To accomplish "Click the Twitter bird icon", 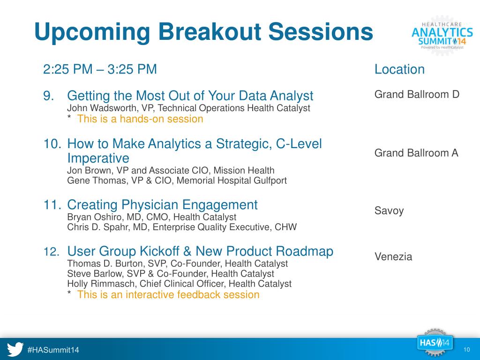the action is (15, 349).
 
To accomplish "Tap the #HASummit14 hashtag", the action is (53, 350).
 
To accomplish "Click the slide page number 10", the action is (466, 350).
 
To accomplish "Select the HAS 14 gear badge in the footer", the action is (435, 343).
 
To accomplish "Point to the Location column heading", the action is (399, 69).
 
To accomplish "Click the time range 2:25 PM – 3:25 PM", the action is (100, 69).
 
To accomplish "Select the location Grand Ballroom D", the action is (417, 94).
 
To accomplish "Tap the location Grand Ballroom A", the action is (416, 153).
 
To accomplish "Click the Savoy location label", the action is (389, 211).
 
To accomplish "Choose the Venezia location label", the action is (393, 256).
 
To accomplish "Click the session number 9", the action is (49, 96).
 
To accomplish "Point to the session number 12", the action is (52, 252).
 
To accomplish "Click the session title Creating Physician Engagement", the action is (162, 205).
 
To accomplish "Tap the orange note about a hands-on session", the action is (140, 119).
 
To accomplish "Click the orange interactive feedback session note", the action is (168, 294).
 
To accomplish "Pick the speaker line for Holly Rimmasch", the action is (180, 284).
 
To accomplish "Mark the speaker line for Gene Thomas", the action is (177, 180).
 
